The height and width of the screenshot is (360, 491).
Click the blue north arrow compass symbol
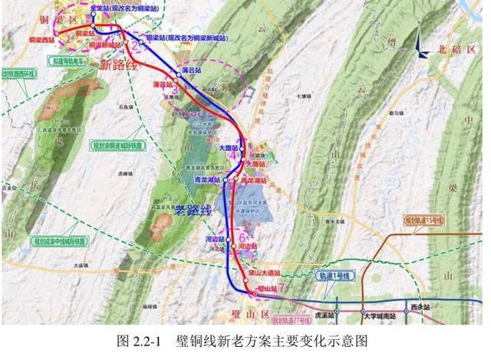pyautogui.click(x=421, y=45)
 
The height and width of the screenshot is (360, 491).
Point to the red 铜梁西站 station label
pyautogui.click(x=44, y=38)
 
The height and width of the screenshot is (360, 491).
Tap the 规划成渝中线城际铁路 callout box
pyautogui.click(x=60, y=241)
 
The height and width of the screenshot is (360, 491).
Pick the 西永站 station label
pyautogui.click(x=420, y=307)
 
